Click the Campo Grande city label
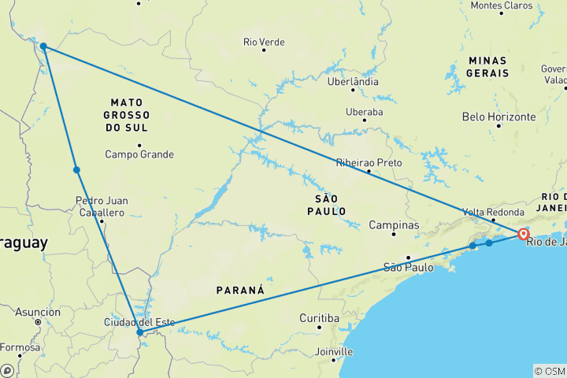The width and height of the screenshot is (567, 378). [139, 154]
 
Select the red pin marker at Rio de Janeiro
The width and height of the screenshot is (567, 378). [523, 233]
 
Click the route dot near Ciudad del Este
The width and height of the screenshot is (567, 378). [140, 332]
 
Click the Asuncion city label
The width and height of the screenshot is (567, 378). [38, 312]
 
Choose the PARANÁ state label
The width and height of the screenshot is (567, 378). [240, 291]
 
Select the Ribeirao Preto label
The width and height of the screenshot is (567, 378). [369, 162]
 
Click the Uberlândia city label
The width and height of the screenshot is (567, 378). [354, 81]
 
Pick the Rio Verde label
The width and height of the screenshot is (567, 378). [263, 41]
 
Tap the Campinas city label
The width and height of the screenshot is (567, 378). [395, 225]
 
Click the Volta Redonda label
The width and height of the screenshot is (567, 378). [494, 212]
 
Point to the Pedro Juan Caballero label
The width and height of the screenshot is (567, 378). [101, 206]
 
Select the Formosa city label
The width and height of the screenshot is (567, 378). [19, 347]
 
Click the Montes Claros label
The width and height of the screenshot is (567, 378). [501, 6]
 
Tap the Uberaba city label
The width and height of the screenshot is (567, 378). [364, 112]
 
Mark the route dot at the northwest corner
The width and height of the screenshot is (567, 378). [44, 46]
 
